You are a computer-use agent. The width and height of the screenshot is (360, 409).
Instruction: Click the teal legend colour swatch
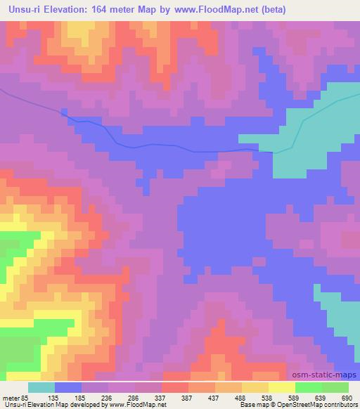coord(41,387)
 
